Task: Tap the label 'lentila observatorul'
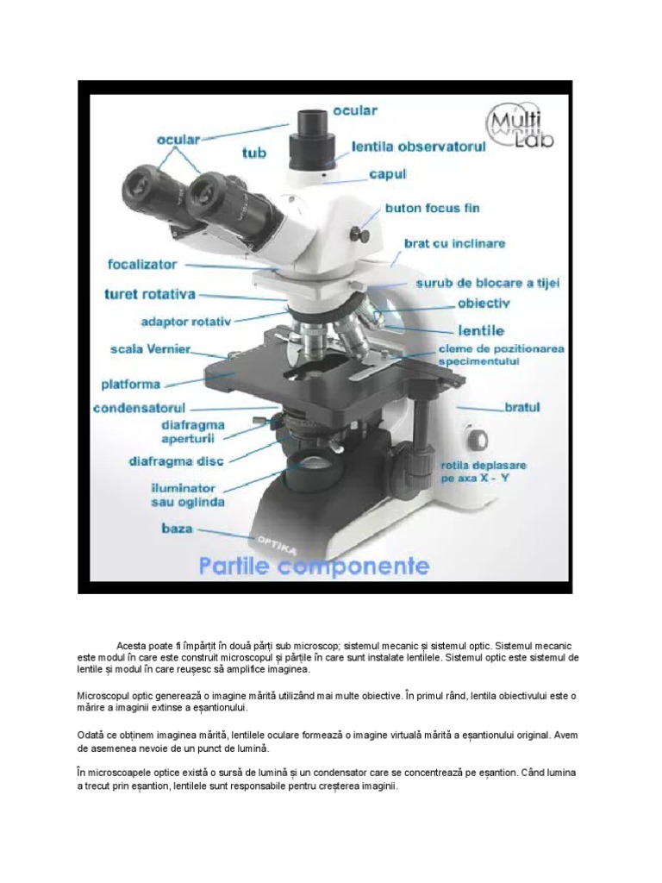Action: pos(419,147)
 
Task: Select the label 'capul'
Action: pos(387,174)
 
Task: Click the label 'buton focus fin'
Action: pos(433,209)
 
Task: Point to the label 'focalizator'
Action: pos(142,264)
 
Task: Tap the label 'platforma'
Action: pos(131,384)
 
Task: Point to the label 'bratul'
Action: pos(522,405)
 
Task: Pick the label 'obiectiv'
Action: pos(484,304)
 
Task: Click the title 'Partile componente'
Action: pos(314,567)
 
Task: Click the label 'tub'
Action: pos(254,153)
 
